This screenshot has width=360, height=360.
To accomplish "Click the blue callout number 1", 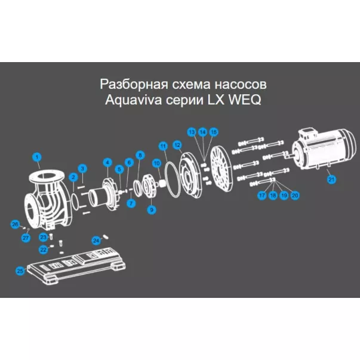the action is coord(37,157).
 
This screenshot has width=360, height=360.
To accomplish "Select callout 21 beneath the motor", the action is coord(331,179).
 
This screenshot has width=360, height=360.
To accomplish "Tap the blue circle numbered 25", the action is coord(20,271).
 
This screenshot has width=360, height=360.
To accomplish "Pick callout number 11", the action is coord(163,146).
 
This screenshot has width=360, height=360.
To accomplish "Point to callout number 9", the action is coord(152,210).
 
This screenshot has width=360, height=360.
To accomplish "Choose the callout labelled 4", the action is coord(107,162).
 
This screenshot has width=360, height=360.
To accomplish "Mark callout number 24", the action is coord(96,241).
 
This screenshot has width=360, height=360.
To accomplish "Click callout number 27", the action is coord(26,238).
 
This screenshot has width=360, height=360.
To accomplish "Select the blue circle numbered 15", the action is coord(214,132).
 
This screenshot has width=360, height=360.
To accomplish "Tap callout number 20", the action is coord(295,195).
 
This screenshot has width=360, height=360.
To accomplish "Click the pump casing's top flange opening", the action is coord(47,176).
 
